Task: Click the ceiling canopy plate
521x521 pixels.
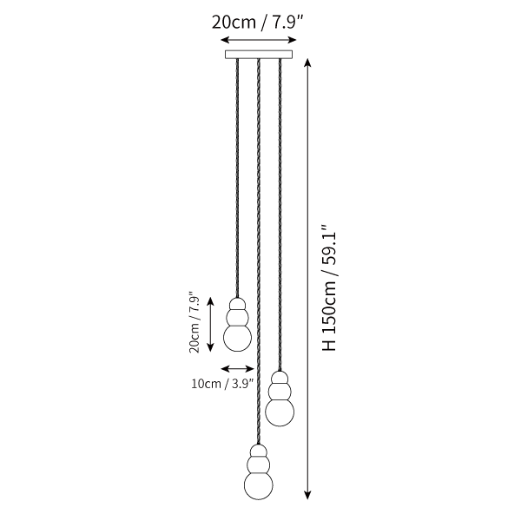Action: pyautogui.click(x=259, y=54)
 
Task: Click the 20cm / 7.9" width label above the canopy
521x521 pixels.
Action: pyautogui.click(x=258, y=23)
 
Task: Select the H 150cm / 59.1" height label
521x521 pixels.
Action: pyautogui.click(x=329, y=287)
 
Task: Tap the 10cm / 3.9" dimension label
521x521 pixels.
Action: pyautogui.click(x=222, y=384)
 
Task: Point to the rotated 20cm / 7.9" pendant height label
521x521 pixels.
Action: pyautogui.click(x=195, y=322)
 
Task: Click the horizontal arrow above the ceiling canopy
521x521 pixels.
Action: pyautogui.click(x=259, y=40)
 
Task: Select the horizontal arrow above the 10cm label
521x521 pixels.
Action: pyautogui.click(x=238, y=368)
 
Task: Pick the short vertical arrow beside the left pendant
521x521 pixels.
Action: pyautogui.click(x=210, y=325)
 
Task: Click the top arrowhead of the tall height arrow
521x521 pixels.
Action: pyautogui.click(x=308, y=63)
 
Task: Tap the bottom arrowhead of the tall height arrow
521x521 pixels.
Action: pyautogui.click(x=308, y=494)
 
